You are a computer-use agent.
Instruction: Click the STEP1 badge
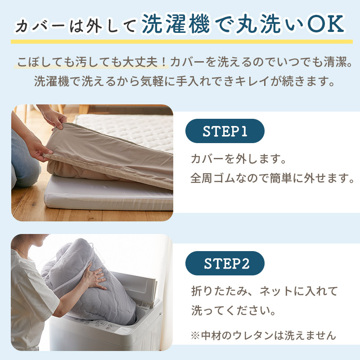click(225, 131)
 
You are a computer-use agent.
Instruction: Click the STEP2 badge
click(225, 263)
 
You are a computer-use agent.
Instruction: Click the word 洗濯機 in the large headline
click(175, 24)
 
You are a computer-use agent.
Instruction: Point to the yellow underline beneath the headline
click(182, 41)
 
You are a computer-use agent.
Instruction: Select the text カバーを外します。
click(238, 159)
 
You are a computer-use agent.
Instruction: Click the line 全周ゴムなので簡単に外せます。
click(273, 178)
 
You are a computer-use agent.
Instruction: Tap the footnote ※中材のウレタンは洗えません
click(263, 335)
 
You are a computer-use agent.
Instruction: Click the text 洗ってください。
click(233, 310)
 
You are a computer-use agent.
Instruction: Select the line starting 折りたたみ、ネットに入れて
click(264, 291)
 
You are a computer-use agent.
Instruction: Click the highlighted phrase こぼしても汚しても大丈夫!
click(92, 62)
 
